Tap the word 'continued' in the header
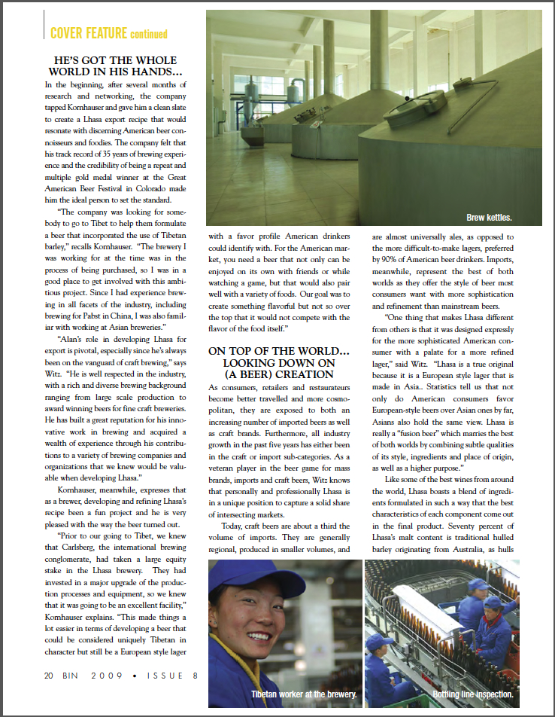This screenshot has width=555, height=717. pyautogui.click(x=148, y=34)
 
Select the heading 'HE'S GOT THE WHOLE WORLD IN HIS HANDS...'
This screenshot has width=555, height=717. pyautogui.click(x=116, y=66)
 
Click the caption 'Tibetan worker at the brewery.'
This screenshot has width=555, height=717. pyautogui.click(x=303, y=694)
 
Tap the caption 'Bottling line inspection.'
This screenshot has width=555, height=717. pyautogui.click(x=473, y=694)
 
